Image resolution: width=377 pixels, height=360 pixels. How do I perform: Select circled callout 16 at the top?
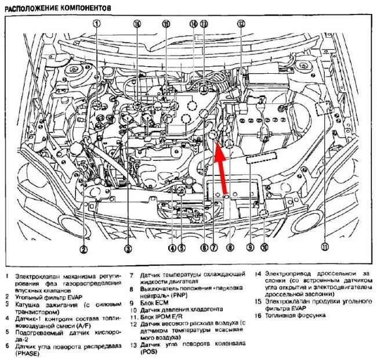(137, 24)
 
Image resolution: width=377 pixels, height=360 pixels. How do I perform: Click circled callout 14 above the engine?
(193, 24)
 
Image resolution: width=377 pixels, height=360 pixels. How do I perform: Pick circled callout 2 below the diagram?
(84, 250)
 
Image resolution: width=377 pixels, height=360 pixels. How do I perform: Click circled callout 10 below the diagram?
(264, 247)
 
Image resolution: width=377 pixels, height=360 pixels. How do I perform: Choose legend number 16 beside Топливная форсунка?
(259, 315)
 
